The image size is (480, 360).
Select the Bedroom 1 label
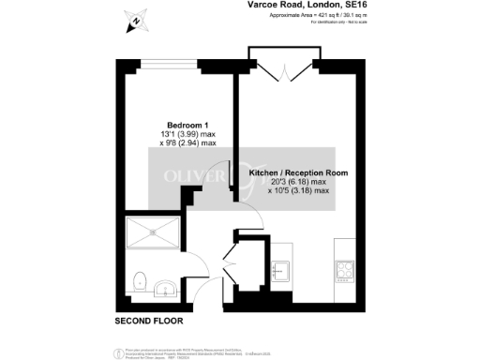click(186, 125)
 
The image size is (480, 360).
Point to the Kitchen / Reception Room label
click(299, 173)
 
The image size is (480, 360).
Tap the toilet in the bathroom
click(141, 279)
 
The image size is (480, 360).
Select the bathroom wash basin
click(165, 287)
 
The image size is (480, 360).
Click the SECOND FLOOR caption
click(147, 322)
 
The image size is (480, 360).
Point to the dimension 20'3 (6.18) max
click(299, 183)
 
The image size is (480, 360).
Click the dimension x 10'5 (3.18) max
click(299, 191)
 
